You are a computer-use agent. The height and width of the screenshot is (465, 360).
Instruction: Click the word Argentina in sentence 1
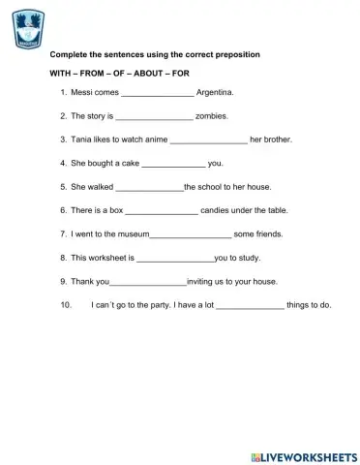pyautogui.click(x=215, y=93)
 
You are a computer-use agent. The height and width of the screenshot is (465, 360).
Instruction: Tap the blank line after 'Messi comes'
pyautogui.click(x=157, y=94)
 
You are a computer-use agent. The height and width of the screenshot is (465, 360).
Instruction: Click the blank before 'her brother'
pyautogui.click(x=208, y=140)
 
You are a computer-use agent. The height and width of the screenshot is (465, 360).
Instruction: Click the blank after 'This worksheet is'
pyautogui.click(x=175, y=258)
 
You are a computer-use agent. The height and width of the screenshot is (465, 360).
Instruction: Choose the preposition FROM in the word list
pyautogui.click(x=93, y=73)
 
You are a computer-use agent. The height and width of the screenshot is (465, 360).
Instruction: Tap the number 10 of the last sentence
pyautogui.click(x=66, y=304)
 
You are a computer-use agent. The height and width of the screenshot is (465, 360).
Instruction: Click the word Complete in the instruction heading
pyautogui.click(x=69, y=54)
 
